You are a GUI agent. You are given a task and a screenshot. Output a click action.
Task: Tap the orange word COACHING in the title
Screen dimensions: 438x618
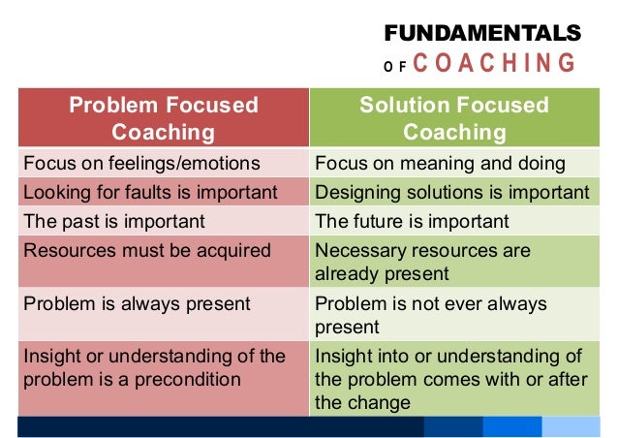(x=494, y=65)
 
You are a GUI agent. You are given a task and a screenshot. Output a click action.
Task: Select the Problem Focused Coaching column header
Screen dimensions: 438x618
(x=163, y=118)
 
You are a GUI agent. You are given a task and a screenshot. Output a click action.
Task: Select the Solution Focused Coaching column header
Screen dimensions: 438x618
(x=454, y=118)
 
